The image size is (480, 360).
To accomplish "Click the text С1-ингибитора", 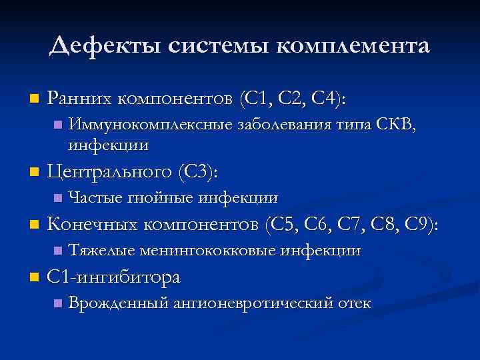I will (114, 277).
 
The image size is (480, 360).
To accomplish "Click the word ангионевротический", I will (253, 303).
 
